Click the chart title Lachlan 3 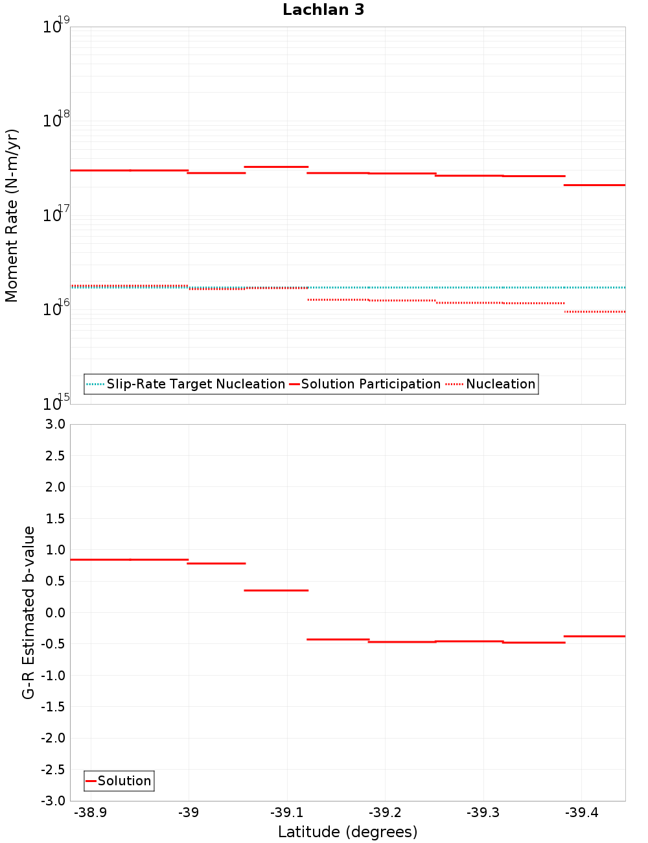(323, 10)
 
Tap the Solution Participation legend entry (371, 385)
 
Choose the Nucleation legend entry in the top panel (500, 385)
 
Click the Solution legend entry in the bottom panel (124, 781)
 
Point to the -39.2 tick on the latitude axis (385, 813)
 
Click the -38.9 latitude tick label (91, 813)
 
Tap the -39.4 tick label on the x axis (581, 813)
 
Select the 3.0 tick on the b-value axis (56, 425)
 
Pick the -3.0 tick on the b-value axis (53, 801)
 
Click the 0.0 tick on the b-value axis (56, 613)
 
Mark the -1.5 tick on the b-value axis (53, 707)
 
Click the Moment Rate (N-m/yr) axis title (12, 215)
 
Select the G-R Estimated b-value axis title (29, 612)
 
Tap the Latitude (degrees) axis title (347, 833)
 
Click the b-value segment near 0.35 (276, 591)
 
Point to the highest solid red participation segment (276, 167)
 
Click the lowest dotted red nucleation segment (595, 312)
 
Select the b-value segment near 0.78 (216, 564)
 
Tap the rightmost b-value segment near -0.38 (595, 636)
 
